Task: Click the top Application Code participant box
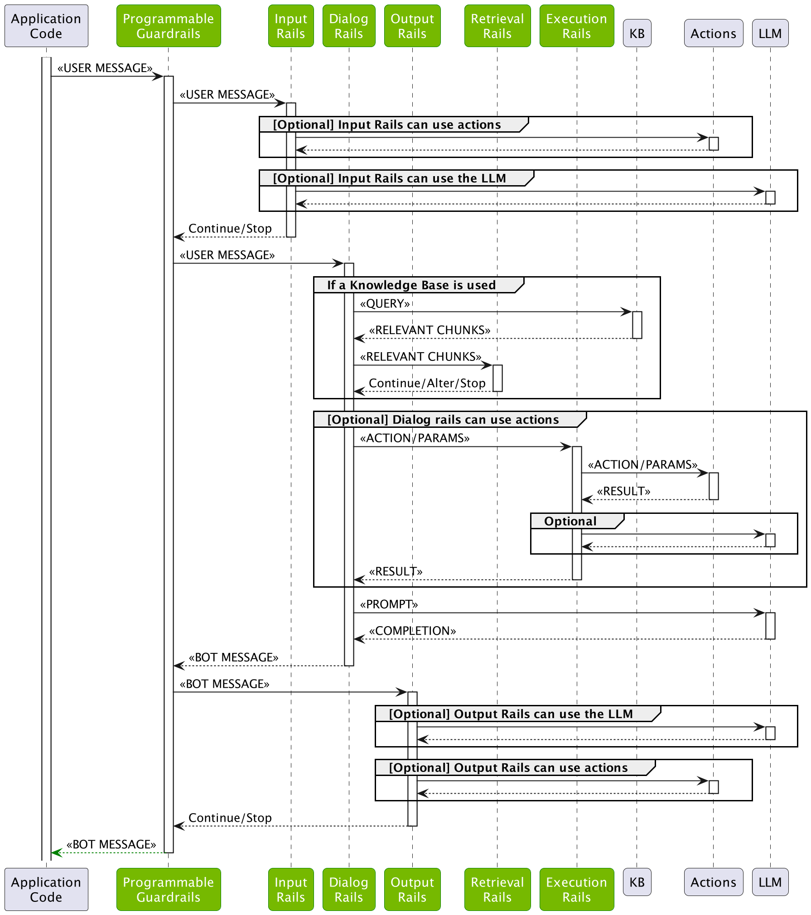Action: [x=46, y=26]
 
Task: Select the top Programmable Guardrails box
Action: [x=169, y=26]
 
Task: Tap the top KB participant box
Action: [x=637, y=33]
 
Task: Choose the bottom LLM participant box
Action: [x=770, y=881]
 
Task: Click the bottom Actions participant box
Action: [x=713, y=881]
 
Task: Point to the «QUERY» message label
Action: [x=385, y=303]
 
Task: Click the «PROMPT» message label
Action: [x=389, y=604]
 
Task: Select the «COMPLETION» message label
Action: [x=412, y=631]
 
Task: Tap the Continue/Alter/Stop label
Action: [x=427, y=383]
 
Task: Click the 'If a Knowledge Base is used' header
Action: [x=411, y=285]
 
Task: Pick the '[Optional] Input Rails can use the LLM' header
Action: [x=389, y=178]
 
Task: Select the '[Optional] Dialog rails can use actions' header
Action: [x=443, y=420]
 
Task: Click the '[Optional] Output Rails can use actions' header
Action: [x=508, y=768]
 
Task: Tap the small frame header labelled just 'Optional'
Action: [x=570, y=521]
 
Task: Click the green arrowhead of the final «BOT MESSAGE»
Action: [x=56, y=853]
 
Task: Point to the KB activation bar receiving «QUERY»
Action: [x=637, y=325]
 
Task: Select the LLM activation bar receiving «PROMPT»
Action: [x=770, y=625]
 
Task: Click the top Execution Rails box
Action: [x=576, y=26]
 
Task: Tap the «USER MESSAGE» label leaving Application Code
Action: [x=105, y=68]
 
